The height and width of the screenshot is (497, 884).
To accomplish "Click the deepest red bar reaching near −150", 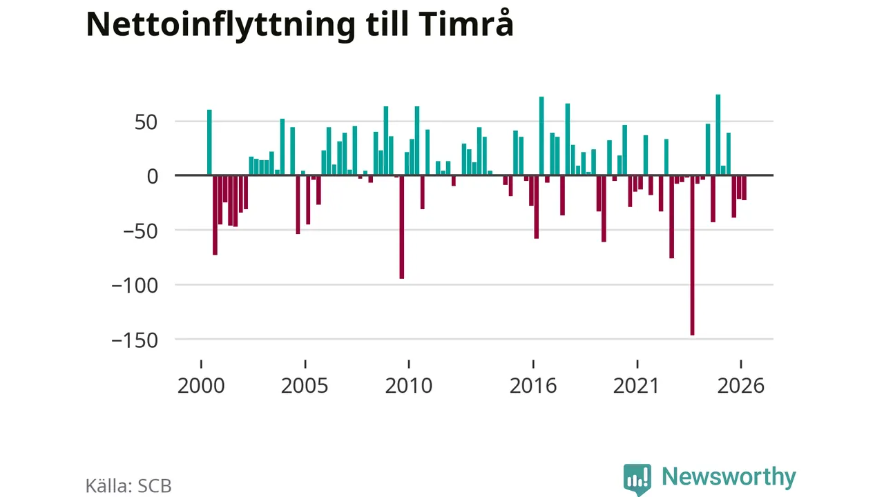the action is click(x=692, y=255).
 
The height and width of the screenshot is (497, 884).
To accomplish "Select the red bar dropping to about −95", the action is click(x=402, y=227).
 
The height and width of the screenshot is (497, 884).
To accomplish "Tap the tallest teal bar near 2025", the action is click(x=718, y=135).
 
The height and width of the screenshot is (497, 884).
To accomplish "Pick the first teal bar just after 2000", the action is click(x=209, y=142).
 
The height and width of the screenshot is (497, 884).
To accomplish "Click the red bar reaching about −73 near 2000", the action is click(x=215, y=215).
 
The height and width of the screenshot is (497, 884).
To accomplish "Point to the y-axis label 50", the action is click(x=146, y=123).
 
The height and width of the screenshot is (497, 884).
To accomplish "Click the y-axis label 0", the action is click(x=153, y=177).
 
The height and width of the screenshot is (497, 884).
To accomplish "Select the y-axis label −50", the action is click(x=140, y=231).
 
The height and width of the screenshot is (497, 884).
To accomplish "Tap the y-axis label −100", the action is click(x=135, y=286).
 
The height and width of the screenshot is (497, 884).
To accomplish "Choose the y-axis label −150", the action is click(x=135, y=340).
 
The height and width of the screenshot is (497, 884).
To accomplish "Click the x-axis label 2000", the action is click(x=201, y=386).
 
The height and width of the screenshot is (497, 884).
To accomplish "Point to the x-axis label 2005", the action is click(x=305, y=386).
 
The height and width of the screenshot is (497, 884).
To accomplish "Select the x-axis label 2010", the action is click(x=408, y=386).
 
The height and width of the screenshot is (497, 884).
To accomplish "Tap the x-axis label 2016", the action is click(x=532, y=386).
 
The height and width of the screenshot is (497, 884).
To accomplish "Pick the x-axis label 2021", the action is click(x=637, y=386).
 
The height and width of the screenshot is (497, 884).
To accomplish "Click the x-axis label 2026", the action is click(x=741, y=386).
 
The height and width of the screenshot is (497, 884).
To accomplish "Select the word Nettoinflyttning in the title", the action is click(x=220, y=26).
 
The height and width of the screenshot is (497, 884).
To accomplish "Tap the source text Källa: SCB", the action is click(x=128, y=486).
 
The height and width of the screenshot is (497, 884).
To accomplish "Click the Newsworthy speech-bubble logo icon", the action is click(x=637, y=479).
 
